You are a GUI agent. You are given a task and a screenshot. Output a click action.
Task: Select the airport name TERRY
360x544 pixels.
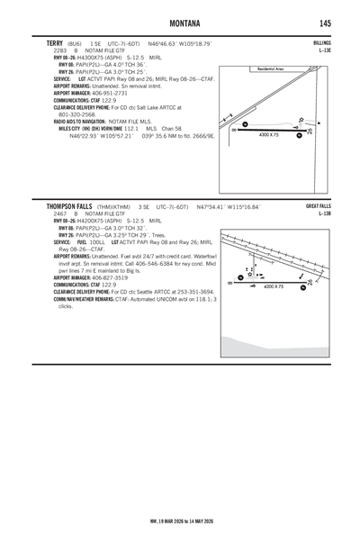pyautogui.click(x=52, y=42)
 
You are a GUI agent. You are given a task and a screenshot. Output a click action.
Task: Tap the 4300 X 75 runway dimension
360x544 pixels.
pyautogui.click(x=270, y=135)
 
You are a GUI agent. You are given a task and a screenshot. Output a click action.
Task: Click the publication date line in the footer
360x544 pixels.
pyautogui.click(x=180, y=521)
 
